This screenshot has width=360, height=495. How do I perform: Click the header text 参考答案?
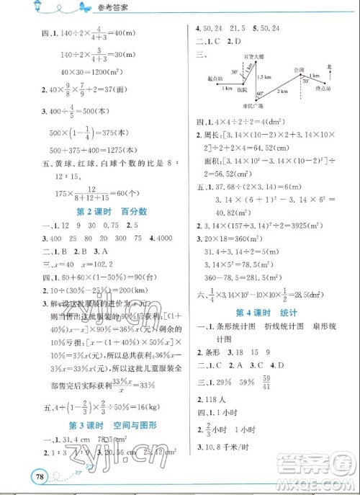pos(66,8)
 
